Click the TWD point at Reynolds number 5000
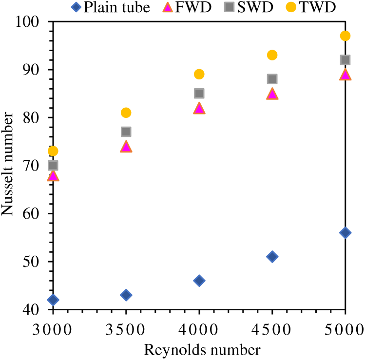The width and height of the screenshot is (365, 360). [x=345, y=36]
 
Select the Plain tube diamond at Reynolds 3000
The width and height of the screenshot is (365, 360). [x=53, y=300]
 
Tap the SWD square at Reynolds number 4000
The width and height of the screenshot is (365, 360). [x=199, y=93]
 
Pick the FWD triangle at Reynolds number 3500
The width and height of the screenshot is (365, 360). [x=126, y=147]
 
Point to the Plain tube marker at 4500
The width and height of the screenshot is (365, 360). [x=272, y=256]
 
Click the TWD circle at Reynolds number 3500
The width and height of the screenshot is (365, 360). [x=126, y=113]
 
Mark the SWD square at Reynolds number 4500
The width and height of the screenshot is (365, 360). [x=272, y=79]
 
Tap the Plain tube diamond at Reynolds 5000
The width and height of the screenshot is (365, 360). [x=345, y=232]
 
